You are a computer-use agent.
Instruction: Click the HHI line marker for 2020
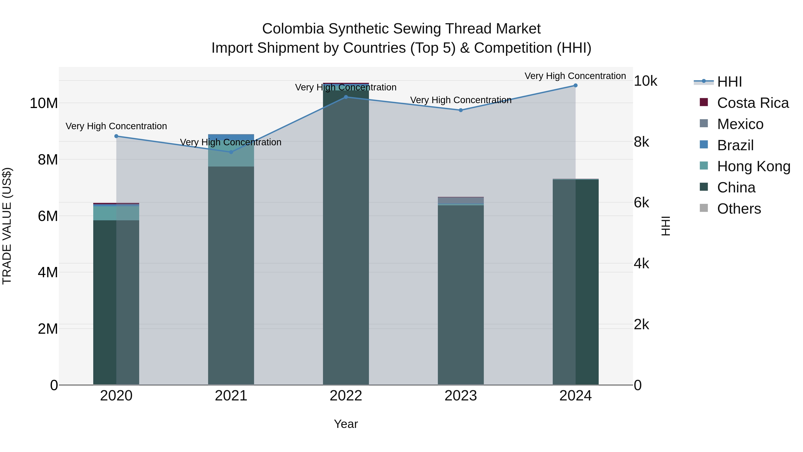(x=116, y=136)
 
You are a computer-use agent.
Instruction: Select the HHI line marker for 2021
(x=231, y=152)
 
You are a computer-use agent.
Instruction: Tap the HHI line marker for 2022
(x=346, y=97)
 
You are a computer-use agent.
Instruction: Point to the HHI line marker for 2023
(x=461, y=110)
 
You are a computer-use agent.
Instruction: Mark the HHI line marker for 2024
(x=575, y=85)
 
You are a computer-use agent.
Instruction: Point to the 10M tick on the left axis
(x=44, y=103)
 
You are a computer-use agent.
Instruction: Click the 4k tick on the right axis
(x=642, y=264)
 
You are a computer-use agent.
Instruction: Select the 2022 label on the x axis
(x=346, y=396)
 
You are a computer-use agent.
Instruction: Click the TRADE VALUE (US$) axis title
(x=7, y=226)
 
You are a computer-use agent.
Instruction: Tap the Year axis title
(x=346, y=424)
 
